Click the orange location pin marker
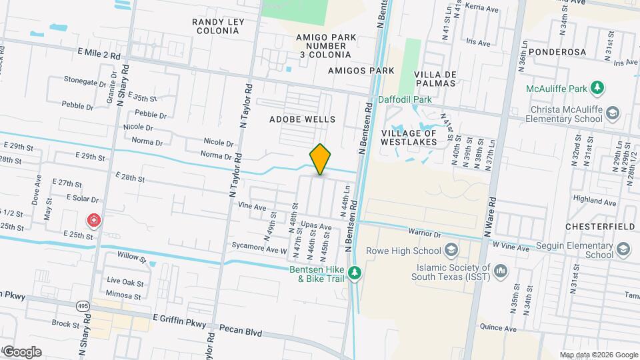(320, 160)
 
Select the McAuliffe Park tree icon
(599, 87)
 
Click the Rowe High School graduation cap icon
(451, 251)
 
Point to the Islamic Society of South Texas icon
(501, 271)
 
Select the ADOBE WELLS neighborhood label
(302, 119)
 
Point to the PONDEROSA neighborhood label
(559, 51)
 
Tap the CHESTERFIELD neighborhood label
(599, 227)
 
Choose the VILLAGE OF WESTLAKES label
(408, 137)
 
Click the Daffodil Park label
(405, 100)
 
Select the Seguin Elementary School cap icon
(623, 249)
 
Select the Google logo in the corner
(21, 351)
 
